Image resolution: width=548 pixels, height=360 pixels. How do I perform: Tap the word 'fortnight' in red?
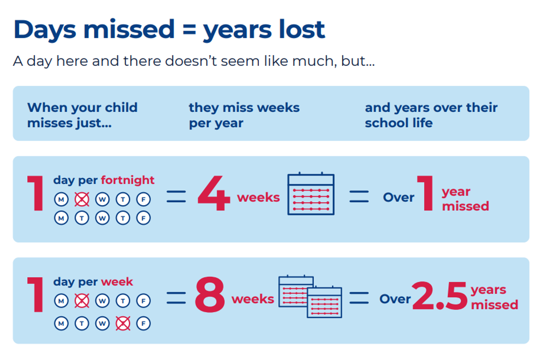click(127, 180)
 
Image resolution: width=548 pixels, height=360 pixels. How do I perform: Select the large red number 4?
click(214, 196)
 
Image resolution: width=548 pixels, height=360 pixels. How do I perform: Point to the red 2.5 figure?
click(439, 297)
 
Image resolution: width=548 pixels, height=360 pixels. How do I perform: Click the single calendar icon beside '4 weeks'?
click(311, 194)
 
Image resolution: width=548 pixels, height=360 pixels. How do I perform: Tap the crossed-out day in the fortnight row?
click(82, 200)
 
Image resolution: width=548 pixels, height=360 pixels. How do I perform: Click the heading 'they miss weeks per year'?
click(244, 115)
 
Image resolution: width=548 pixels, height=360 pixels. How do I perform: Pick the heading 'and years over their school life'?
click(431, 115)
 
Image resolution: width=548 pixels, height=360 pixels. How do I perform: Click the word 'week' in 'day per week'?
click(117, 281)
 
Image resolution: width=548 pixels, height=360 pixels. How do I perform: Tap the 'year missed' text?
click(465, 199)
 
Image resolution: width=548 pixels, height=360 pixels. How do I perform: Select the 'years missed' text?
click(494, 297)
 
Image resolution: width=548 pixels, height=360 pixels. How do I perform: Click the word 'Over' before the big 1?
click(398, 197)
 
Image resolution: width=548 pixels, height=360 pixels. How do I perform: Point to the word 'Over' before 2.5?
click(395, 299)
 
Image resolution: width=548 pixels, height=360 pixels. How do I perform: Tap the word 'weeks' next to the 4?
click(258, 197)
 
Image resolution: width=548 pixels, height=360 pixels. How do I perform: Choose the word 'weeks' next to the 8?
click(253, 299)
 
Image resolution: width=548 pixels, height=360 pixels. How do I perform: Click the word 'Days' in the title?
click(45, 29)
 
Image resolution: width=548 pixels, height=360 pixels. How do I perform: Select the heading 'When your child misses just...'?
click(82, 115)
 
